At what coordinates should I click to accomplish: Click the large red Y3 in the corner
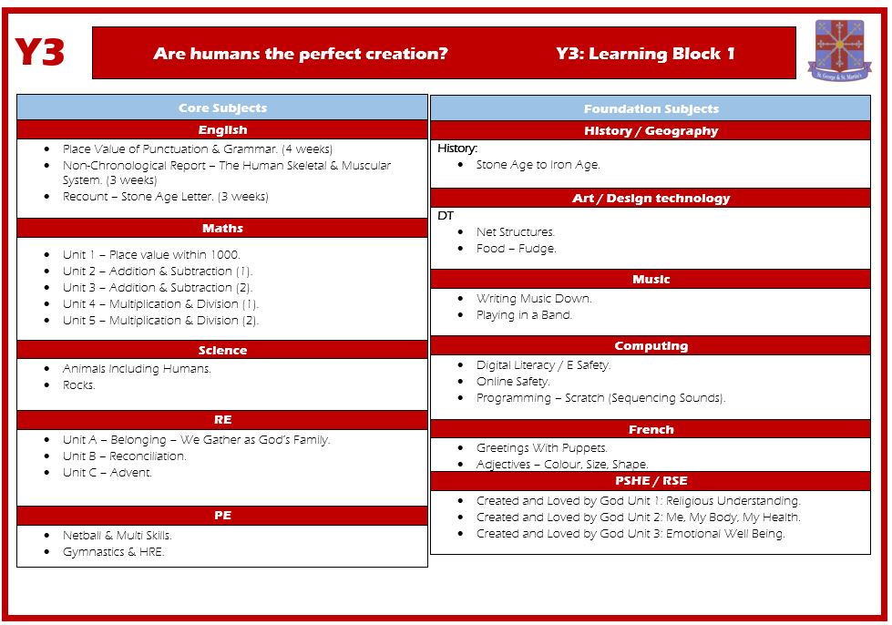click(39, 52)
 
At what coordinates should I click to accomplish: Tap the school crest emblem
click(839, 50)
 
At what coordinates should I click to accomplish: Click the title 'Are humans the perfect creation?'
click(301, 54)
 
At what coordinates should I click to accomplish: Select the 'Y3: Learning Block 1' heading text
click(645, 54)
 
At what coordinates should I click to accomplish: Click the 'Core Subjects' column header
click(222, 108)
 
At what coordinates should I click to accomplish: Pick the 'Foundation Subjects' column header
click(651, 108)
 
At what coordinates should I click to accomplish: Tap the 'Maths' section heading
click(222, 228)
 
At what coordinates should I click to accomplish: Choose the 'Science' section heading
click(222, 351)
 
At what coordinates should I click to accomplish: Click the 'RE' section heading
click(222, 420)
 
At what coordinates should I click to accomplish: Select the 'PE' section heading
click(222, 516)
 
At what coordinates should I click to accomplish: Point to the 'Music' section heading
click(651, 279)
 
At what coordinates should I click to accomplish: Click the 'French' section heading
click(651, 429)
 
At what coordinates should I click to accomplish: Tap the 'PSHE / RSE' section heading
click(651, 480)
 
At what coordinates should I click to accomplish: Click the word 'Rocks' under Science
click(78, 385)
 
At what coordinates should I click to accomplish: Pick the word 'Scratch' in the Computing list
click(584, 398)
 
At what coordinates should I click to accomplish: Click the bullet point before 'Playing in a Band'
click(460, 315)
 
